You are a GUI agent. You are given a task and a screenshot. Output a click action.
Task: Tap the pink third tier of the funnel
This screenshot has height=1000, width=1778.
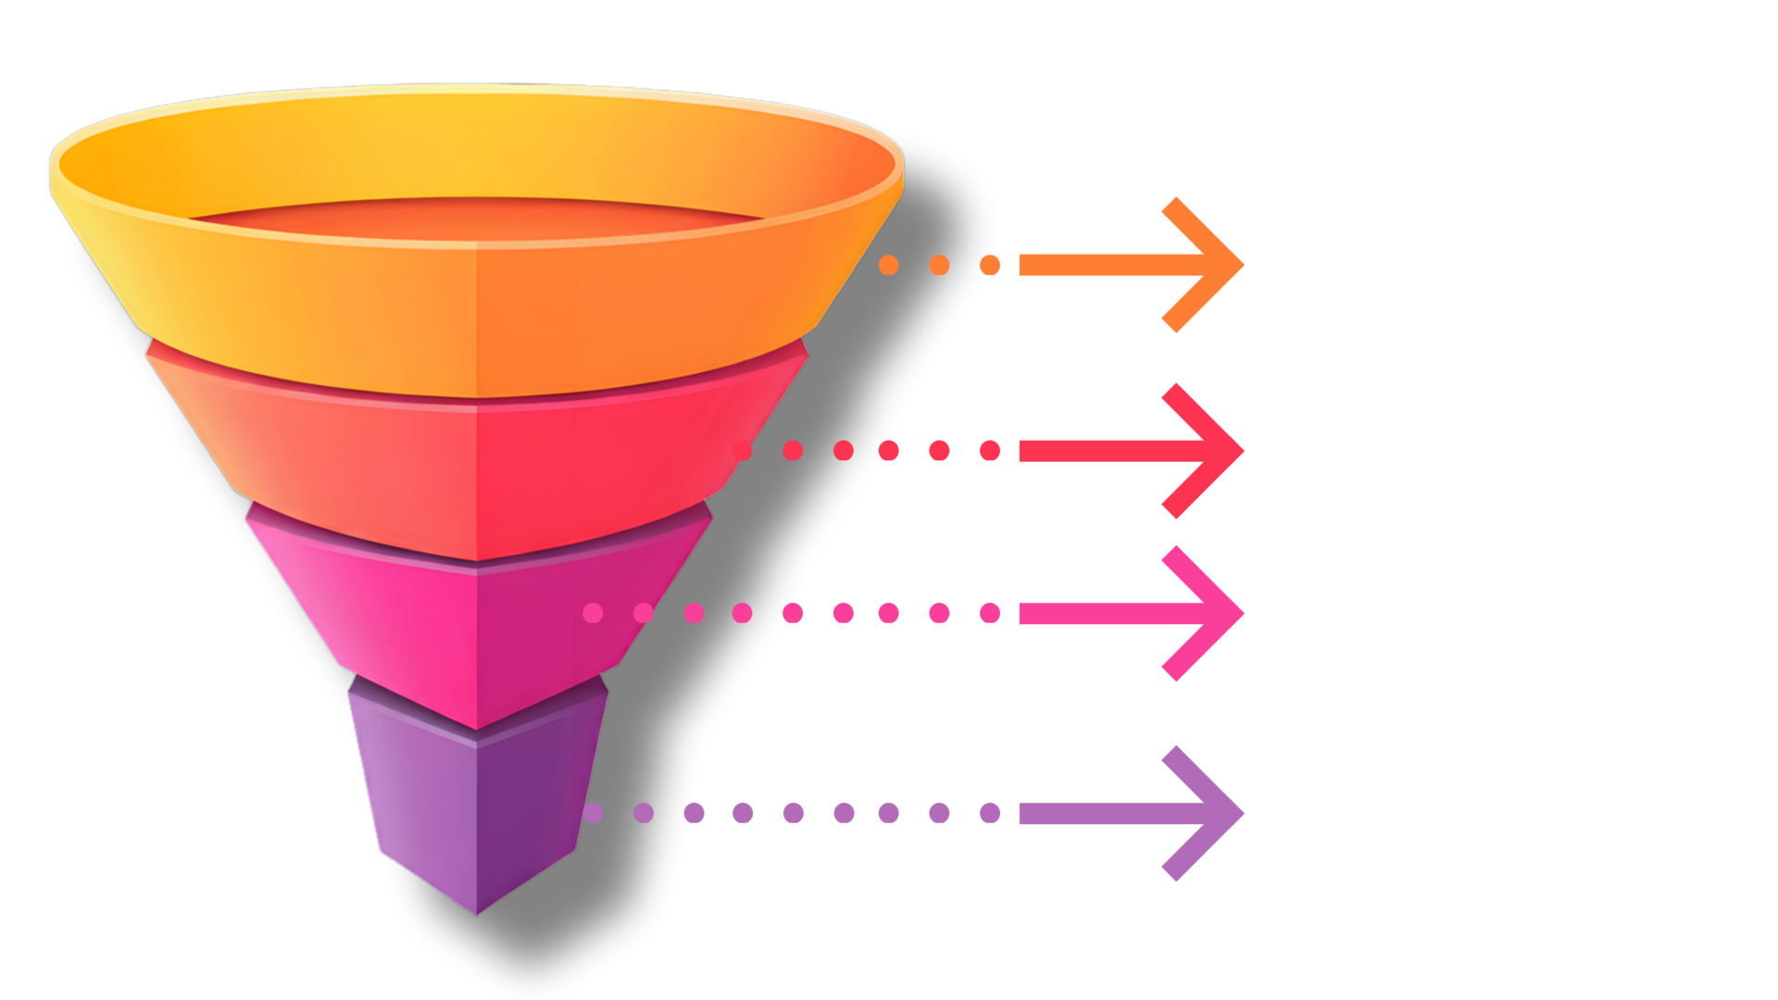pos(417,602)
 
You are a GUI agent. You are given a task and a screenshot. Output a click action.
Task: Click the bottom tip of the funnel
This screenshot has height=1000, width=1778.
pos(477,911)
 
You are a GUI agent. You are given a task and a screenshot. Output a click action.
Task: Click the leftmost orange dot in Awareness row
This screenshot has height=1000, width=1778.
pos(889,266)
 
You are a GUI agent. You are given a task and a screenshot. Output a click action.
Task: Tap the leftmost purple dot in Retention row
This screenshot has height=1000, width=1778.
pos(594,814)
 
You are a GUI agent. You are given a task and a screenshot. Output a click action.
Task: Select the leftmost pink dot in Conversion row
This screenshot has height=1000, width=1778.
pos(594,613)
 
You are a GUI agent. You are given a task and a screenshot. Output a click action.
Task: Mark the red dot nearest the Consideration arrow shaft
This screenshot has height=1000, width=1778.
pos(990,451)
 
